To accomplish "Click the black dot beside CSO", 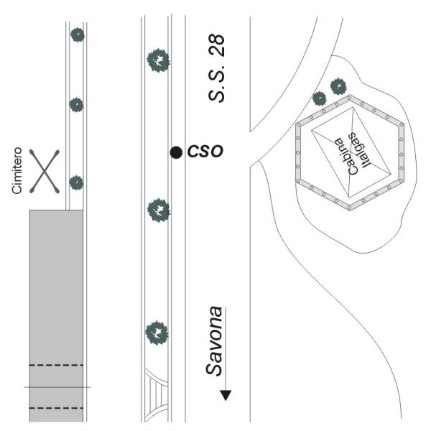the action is [176, 152].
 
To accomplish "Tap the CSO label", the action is [205, 151].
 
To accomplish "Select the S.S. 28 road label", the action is [216, 68].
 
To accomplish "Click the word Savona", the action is [214, 340].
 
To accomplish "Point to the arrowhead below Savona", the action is [226, 395].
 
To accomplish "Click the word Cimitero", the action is [17, 170].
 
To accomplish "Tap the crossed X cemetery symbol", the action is [45, 172].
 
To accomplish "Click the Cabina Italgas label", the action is [353, 153].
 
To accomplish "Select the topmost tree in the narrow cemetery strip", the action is [78, 34].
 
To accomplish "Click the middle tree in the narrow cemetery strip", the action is [76, 105].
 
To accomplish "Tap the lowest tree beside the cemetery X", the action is [76, 182].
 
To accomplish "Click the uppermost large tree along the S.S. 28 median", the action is [158, 60].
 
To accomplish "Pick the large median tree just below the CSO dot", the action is [158, 210].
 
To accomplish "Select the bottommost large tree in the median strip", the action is [157, 333].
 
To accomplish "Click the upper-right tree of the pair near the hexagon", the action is [338, 87].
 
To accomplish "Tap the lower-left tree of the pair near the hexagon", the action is [320, 98].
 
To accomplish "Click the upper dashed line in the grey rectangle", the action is [56, 365].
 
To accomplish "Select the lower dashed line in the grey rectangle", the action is [56, 408].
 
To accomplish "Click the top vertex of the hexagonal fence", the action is [350, 96].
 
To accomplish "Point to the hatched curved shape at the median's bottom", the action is [156, 395].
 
